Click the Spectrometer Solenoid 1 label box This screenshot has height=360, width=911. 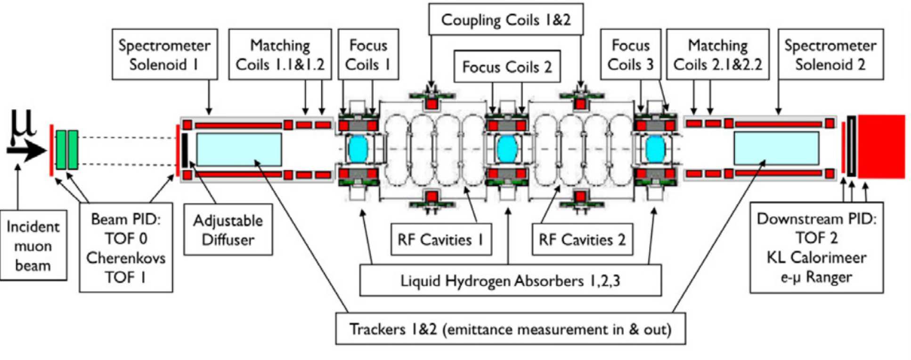164,54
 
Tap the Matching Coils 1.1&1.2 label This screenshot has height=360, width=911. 280,54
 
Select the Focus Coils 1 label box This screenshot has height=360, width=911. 368,54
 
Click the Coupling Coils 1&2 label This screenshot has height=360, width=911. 505,20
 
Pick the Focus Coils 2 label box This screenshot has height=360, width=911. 507,66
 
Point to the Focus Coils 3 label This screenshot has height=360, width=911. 630,54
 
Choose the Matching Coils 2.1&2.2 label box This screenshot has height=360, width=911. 717,54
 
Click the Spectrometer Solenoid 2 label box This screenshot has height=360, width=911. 830,54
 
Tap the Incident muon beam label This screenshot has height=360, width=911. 33,245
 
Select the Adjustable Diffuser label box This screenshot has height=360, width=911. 228,229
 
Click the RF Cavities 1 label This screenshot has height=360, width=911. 441,239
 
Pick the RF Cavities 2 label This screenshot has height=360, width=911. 582,239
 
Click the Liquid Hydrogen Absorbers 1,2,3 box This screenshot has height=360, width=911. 510,280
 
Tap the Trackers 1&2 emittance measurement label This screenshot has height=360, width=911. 510,328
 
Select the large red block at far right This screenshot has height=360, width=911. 881,147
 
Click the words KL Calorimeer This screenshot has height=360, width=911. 816,257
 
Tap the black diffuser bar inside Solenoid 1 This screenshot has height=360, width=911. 185,150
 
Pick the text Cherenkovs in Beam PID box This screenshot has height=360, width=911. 126,258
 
